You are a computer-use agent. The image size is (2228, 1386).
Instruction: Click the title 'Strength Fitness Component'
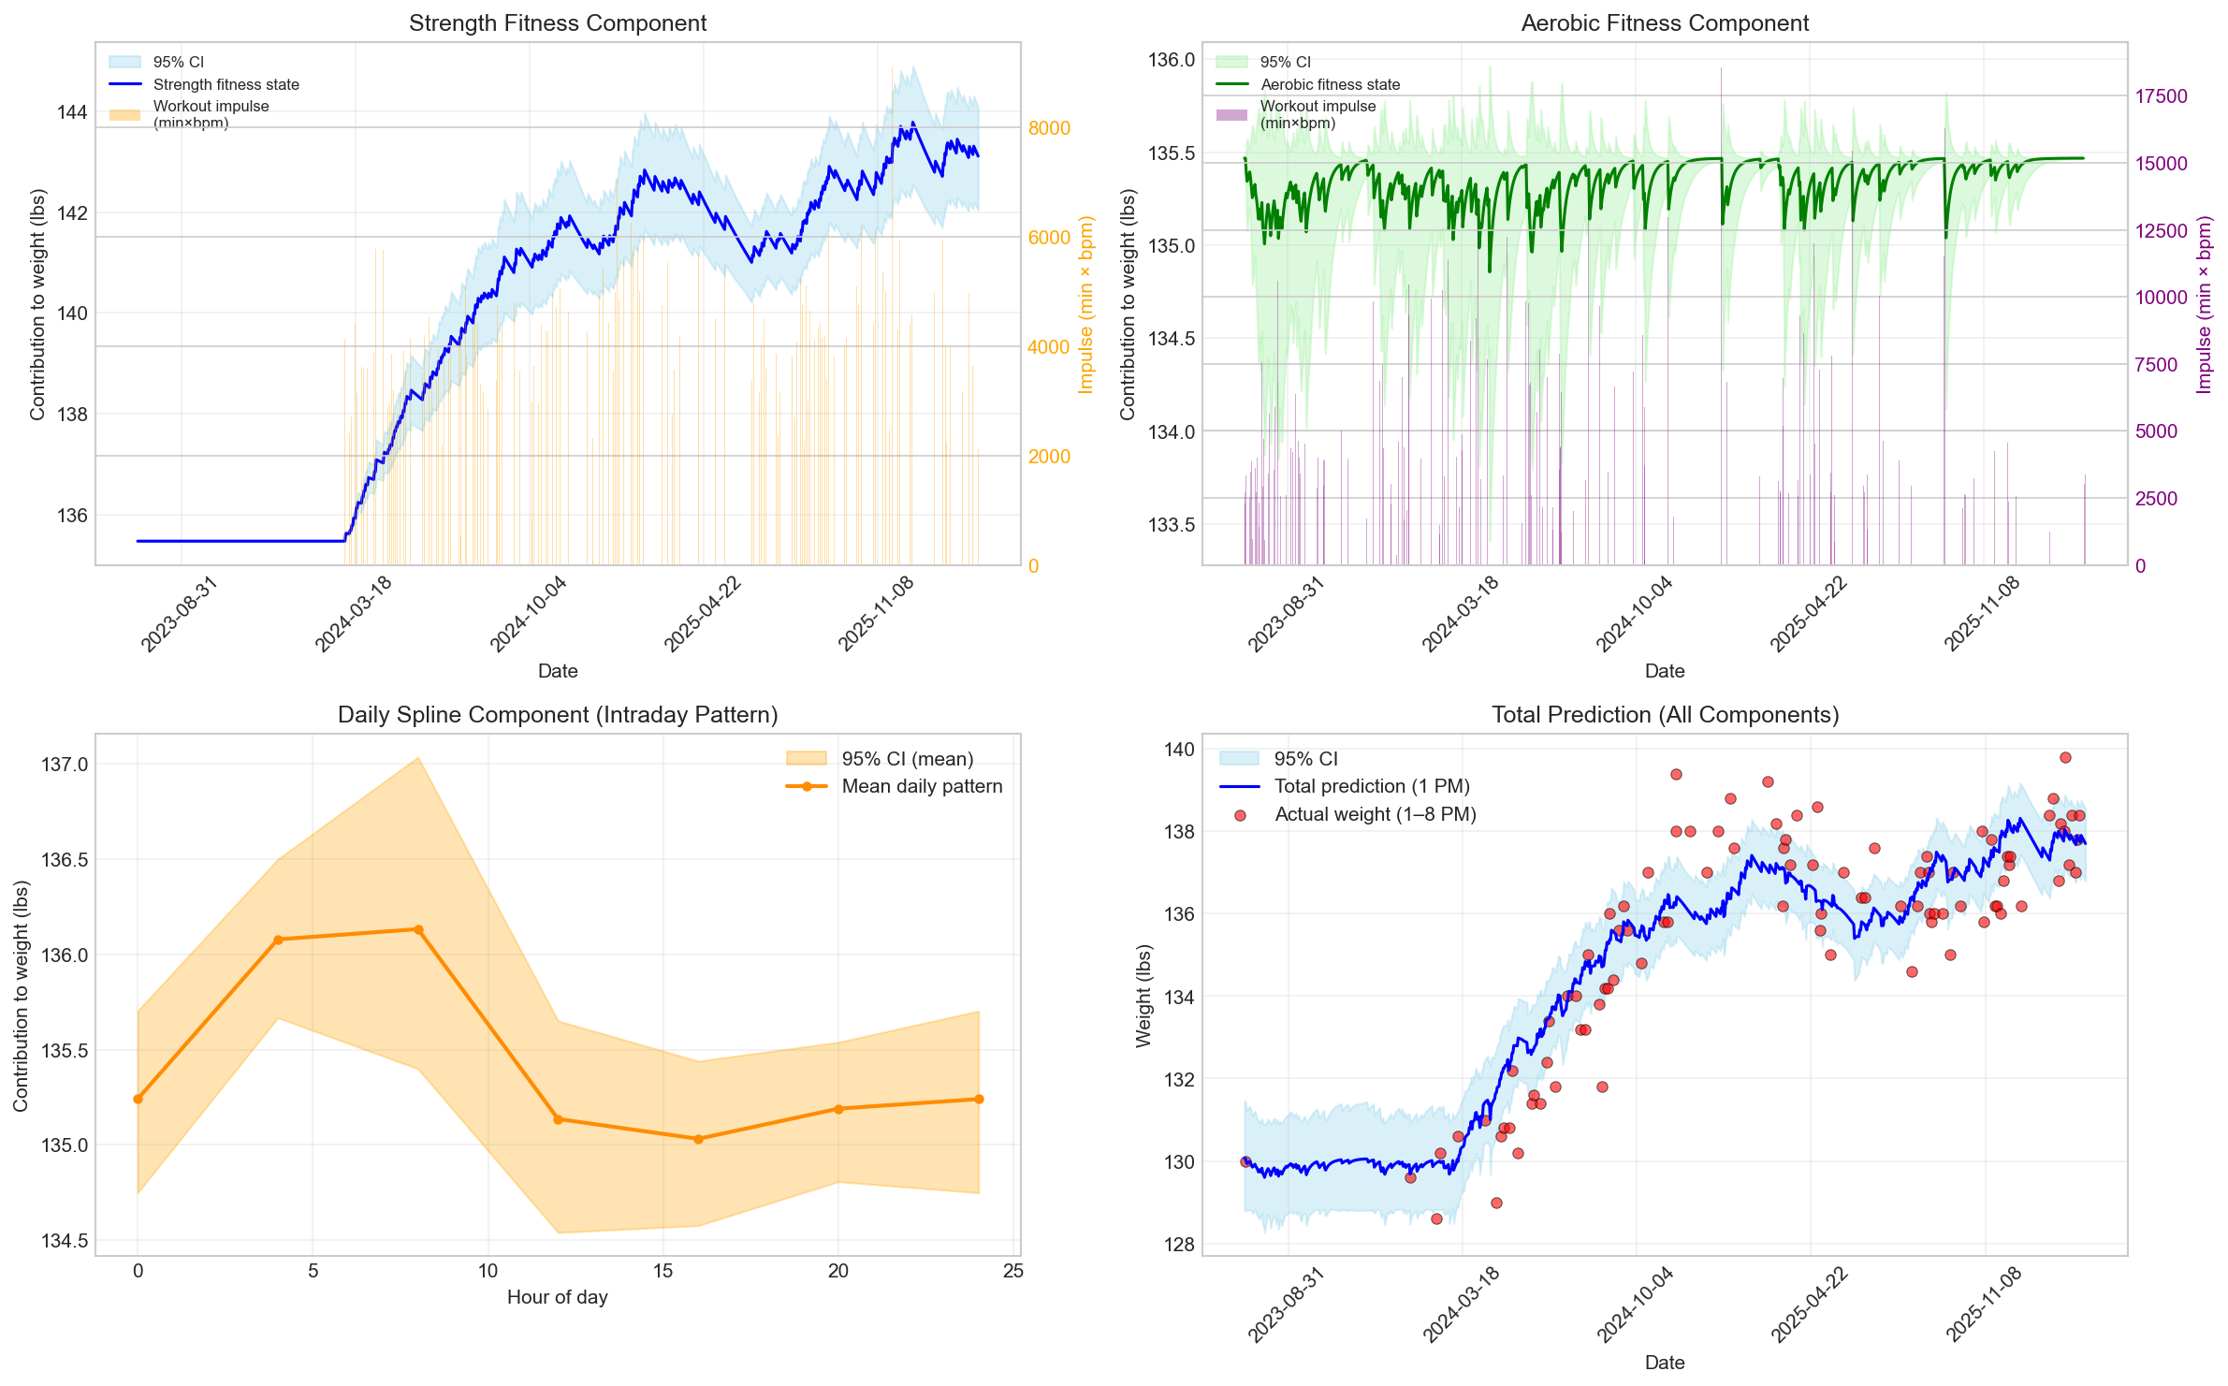click(557, 23)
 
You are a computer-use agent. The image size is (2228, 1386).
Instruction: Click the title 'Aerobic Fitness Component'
click(1664, 23)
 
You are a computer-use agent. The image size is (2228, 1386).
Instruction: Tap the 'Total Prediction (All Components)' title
click(1664, 715)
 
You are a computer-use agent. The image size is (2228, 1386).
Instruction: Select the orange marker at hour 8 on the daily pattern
click(418, 929)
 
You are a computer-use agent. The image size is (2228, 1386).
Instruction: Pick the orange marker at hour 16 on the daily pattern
click(698, 1139)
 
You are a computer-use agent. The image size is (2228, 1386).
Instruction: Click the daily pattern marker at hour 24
click(979, 1099)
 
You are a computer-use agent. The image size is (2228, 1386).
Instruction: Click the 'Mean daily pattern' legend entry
click(921, 786)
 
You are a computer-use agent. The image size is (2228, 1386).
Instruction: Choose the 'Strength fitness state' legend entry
click(226, 84)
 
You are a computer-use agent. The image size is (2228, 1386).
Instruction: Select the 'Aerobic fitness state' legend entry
click(1330, 84)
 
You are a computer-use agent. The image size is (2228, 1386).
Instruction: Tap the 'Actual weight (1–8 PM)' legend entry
click(1375, 814)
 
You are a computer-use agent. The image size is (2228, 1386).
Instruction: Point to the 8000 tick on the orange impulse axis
click(1049, 128)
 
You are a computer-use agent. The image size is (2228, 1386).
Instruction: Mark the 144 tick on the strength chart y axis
click(72, 112)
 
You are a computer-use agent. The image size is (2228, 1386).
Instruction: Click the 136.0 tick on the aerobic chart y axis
click(1171, 61)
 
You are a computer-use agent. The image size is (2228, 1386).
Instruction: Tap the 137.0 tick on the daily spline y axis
click(65, 765)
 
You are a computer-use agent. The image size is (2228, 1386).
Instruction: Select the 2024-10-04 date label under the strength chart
click(530, 613)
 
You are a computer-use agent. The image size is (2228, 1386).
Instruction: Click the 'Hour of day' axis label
click(557, 1297)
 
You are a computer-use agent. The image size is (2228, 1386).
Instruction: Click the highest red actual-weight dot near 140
click(2065, 757)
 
